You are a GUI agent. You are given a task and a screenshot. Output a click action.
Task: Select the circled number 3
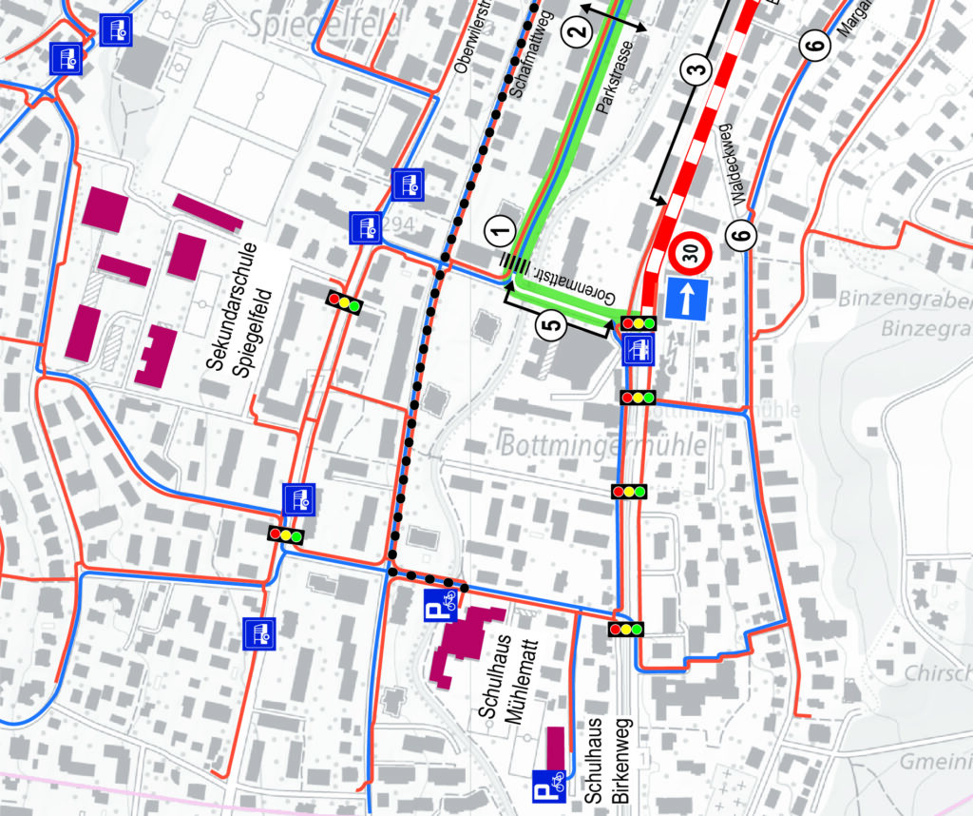[696, 69]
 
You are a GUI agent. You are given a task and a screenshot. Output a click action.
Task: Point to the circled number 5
[553, 324]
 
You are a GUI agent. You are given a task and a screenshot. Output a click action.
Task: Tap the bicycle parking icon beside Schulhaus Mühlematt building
[440, 601]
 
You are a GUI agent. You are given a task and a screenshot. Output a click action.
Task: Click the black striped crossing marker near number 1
[516, 264]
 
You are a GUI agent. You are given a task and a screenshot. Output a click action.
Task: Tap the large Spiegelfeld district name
[324, 23]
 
